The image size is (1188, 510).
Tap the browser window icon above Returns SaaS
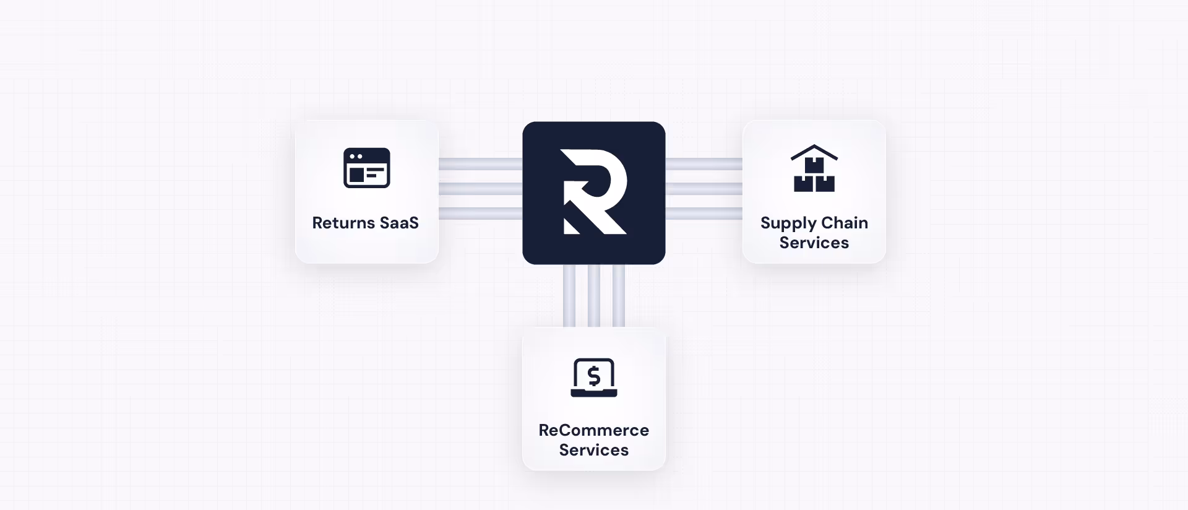366,168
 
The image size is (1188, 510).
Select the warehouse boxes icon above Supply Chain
814,169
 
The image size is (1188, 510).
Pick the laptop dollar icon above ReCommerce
594,378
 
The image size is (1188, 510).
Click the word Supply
788,223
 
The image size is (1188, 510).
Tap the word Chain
845,223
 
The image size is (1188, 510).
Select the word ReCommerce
594,430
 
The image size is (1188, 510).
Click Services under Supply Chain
814,243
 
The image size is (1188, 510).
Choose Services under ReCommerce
594,450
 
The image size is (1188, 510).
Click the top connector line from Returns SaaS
480,164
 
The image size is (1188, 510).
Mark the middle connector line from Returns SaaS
480,189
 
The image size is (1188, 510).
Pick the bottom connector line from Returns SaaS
480,214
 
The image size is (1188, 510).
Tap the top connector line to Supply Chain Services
704,164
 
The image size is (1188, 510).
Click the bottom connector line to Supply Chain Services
704,214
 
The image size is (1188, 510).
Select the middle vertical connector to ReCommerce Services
594,296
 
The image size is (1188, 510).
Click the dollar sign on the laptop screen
594,376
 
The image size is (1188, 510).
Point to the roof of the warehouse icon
814,150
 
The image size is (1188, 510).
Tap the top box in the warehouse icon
814,165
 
